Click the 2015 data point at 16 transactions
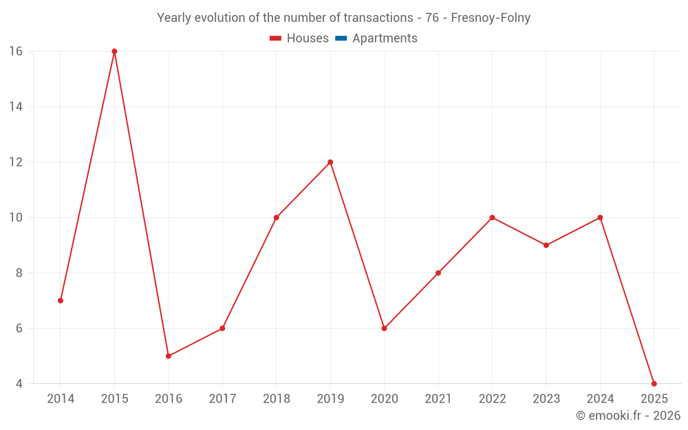tap(114, 52)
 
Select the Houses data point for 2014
tap(61, 301)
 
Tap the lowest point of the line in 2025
tap(654, 383)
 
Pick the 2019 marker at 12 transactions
tap(330, 162)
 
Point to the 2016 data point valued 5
tap(169, 356)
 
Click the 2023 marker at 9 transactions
tap(546, 245)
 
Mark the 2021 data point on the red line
tap(438, 273)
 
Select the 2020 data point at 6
tap(384, 328)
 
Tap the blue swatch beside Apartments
tap(341, 39)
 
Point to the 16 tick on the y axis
tap(16, 52)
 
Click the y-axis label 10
tap(16, 217)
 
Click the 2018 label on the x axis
tap(276, 399)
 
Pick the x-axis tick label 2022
tap(492, 399)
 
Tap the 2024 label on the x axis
tap(600, 399)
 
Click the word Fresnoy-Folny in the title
tap(491, 18)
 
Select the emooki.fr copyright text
tap(627, 416)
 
